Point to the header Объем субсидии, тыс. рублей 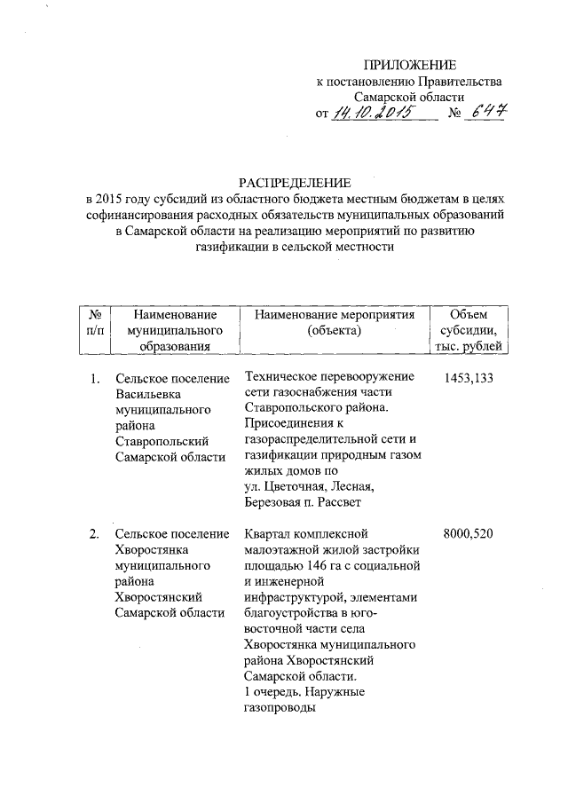click(469, 330)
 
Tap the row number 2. click(94, 534)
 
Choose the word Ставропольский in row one click(162, 441)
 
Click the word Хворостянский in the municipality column click(162, 596)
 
